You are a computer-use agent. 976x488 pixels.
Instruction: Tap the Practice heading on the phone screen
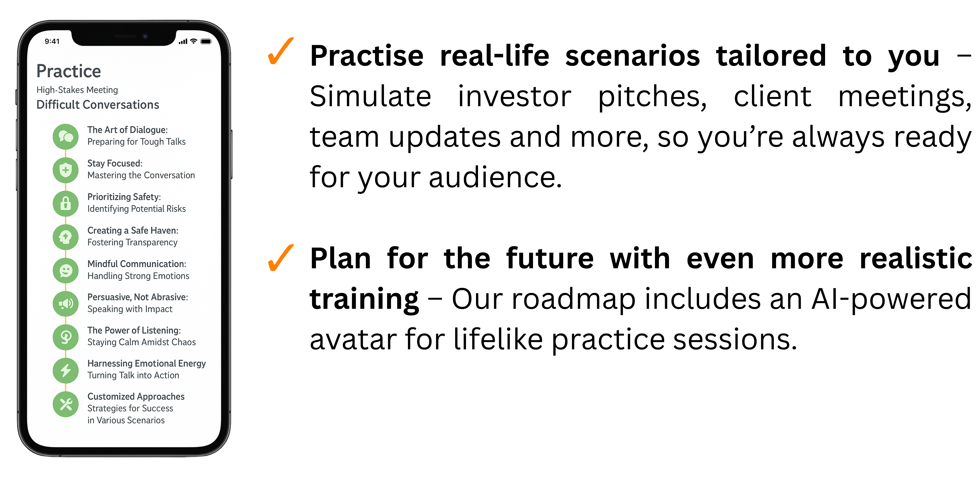[x=69, y=71]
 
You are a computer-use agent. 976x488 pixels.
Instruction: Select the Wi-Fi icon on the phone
[x=194, y=41]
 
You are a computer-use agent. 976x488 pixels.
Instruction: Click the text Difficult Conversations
[x=98, y=105]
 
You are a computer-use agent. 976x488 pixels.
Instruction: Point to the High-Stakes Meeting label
[x=77, y=90]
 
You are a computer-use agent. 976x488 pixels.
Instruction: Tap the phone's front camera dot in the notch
[x=145, y=36]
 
